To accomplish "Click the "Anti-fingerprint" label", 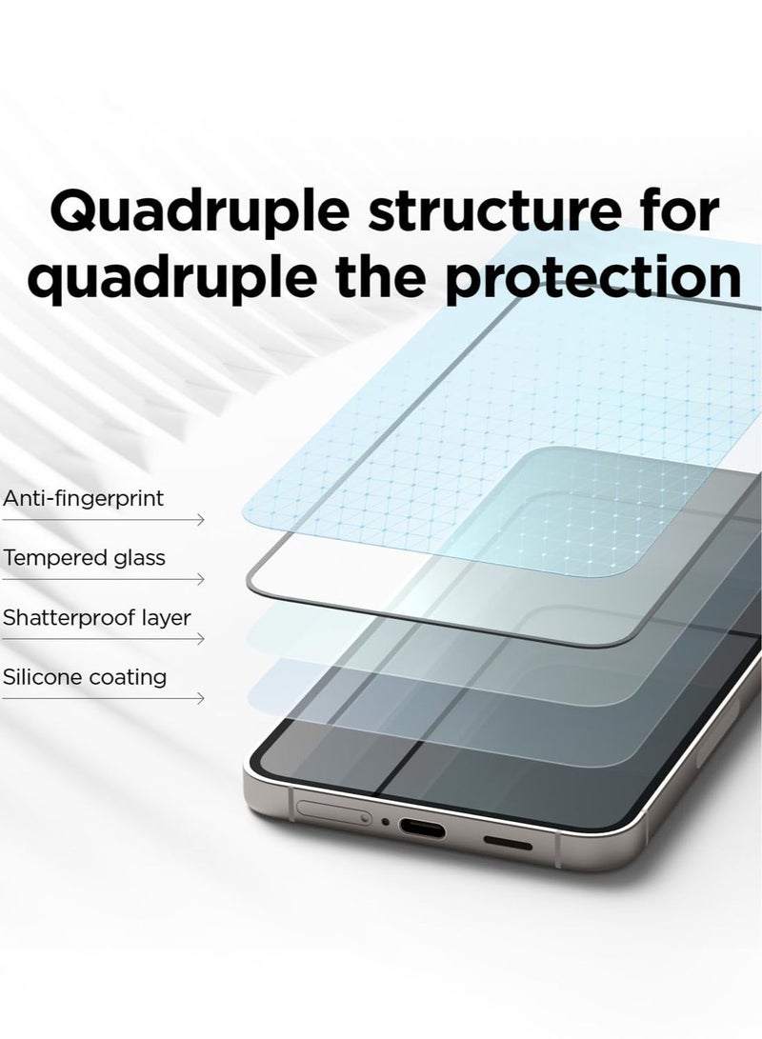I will coord(84,498).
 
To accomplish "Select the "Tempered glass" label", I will coord(84,558).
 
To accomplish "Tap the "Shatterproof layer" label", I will coord(96,618).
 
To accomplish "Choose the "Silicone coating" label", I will coord(85,678).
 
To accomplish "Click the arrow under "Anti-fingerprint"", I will coord(102,520).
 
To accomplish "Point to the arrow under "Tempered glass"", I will coord(102,579).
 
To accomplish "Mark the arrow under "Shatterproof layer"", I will coord(102,639).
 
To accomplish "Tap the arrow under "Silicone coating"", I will coord(102,699).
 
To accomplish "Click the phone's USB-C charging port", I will coord(420,829).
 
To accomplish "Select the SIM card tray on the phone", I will coord(332,814).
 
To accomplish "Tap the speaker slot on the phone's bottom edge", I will coord(509,842).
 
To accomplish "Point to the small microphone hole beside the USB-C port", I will coord(385,822).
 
